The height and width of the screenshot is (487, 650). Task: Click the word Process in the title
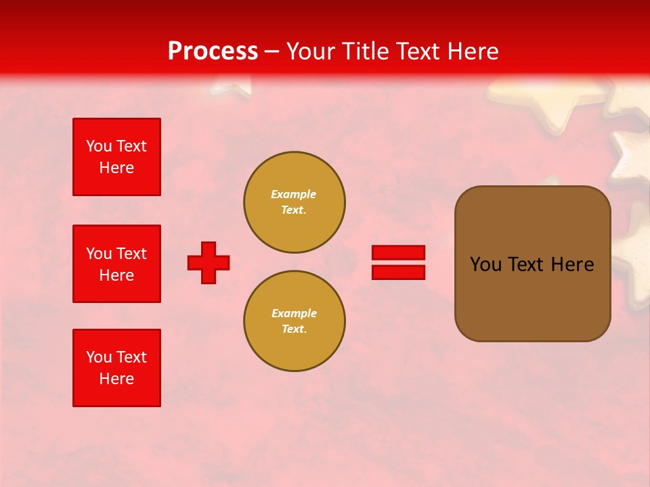[x=213, y=51]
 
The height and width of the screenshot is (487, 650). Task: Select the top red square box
[x=116, y=157]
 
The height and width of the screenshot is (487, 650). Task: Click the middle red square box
[x=116, y=264]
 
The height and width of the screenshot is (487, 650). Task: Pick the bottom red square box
[x=116, y=368]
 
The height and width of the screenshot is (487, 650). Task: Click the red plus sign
[x=209, y=263]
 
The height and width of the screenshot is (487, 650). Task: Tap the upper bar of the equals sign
[x=398, y=252]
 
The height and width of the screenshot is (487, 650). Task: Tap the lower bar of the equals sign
[x=398, y=273]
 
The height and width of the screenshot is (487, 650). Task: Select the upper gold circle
[x=294, y=202]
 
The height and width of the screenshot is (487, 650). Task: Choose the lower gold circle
[x=294, y=321]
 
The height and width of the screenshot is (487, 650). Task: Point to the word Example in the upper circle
[x=294, y=194]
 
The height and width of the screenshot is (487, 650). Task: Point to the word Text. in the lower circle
[x=294, y=329]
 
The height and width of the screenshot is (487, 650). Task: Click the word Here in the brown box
[x=572, y=264]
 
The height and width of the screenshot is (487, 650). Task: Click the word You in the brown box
[x=485, y=264]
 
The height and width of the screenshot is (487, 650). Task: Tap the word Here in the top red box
[x=116, y=168]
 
